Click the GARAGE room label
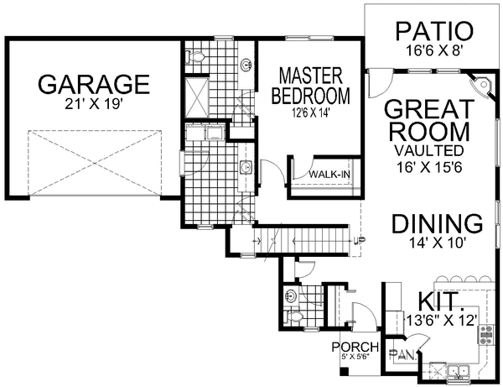point(94,84)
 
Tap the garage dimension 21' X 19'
point(94,104)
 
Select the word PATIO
point(434,31)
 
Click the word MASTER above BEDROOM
point(311,76)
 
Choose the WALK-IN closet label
point(329,175)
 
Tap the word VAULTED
point(429,150)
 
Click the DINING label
point(438,224)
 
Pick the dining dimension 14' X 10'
point(438,243)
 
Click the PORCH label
point(355,348)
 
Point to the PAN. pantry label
point(403,354)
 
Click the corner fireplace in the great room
point(481,85)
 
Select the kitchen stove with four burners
point(486,335)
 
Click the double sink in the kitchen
point(459,372)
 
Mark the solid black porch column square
point(344,371)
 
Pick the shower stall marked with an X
point(197,96)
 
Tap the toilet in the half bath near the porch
point(294,317)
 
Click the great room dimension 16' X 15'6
point(429,167)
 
